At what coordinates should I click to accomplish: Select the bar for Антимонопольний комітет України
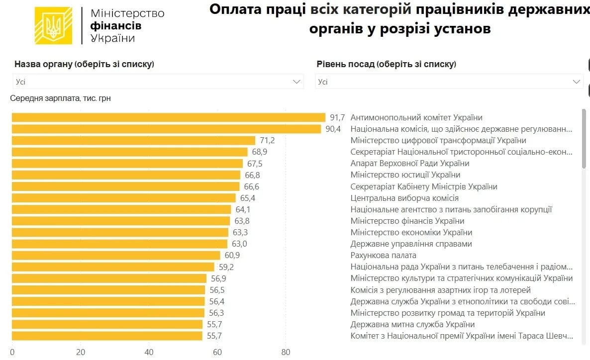[x=168, y=118]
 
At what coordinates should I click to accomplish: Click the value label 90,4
[x=333, y=129]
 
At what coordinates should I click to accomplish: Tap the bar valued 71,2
[x=133, y=141]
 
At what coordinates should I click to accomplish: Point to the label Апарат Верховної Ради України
[x=409, y=164]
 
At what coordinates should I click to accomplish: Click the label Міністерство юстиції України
[x=405, y=175]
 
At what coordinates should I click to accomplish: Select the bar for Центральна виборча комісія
[x=122, y=198]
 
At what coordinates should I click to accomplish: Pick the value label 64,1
[x=243, y=209]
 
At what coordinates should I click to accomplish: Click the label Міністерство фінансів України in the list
[x=407, y=221]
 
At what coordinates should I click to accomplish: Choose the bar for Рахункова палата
[x=115, y=256]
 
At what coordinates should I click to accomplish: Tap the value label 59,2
[x=226, y=267]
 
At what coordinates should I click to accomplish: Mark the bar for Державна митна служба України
[x=107, y=324]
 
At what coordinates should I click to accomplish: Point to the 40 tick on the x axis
[x=149, y=353]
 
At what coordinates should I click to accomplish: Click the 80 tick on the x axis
[x=286, y=353]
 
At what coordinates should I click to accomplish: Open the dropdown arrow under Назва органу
[x=297, y=82]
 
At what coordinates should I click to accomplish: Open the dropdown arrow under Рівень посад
[x=577, y=82]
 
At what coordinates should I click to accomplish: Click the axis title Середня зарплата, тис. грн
[x=60, y=98]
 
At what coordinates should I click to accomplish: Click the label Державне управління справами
[x=411, y=244]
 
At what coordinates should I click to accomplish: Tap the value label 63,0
[x=239, y=244]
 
